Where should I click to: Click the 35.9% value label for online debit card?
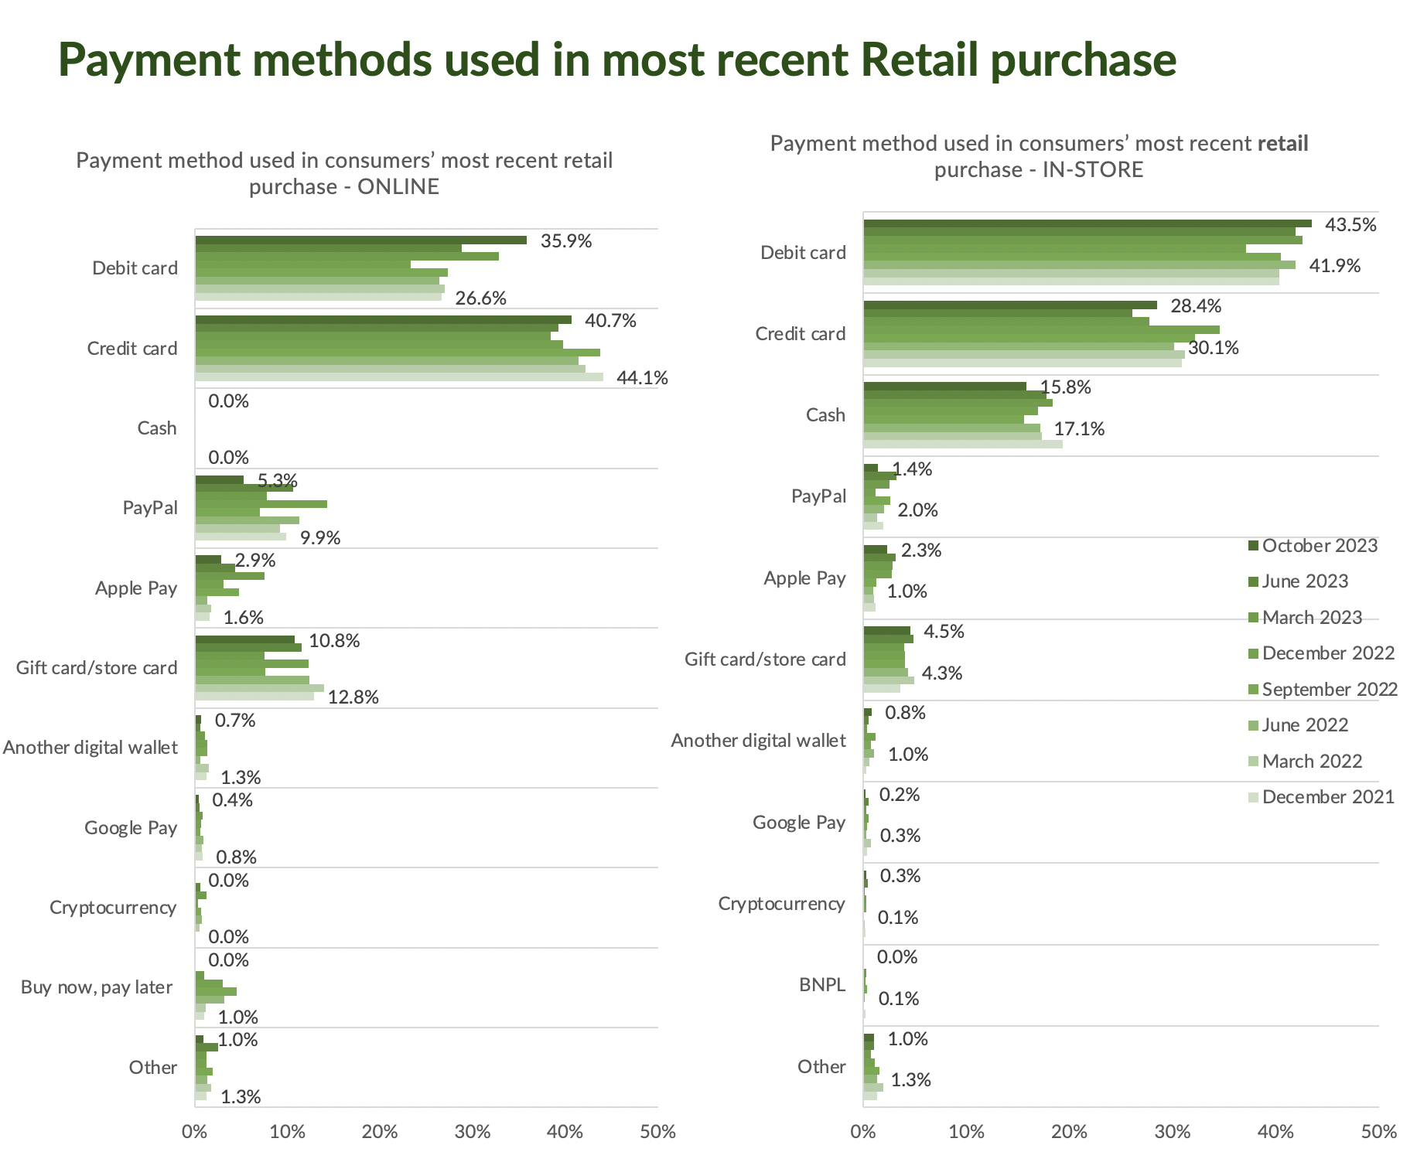point(566,241)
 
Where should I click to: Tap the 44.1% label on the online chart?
point(642,378)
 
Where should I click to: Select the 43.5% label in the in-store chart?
point(1350,225)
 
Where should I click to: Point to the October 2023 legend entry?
point(1319,546)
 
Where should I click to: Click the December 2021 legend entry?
point(1327,797)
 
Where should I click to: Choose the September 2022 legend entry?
point(1329,690)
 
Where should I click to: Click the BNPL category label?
point(822,985)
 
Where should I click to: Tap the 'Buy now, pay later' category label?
point(97,987)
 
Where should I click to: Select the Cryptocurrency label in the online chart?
point(113,908)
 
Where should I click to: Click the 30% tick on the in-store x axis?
point(1173,1132)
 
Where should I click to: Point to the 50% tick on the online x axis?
point(657,1132)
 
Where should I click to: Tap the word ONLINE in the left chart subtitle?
point(398,187)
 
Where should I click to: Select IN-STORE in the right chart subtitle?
point(1092,170)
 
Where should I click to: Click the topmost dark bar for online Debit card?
point(360,240)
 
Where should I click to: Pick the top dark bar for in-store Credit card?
point(1009,305)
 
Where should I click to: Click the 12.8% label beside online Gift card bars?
point(353,697)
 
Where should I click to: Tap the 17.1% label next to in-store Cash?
point(1079,429)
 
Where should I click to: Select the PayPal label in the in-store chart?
point(818,496)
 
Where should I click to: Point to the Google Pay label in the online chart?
point(131,828)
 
